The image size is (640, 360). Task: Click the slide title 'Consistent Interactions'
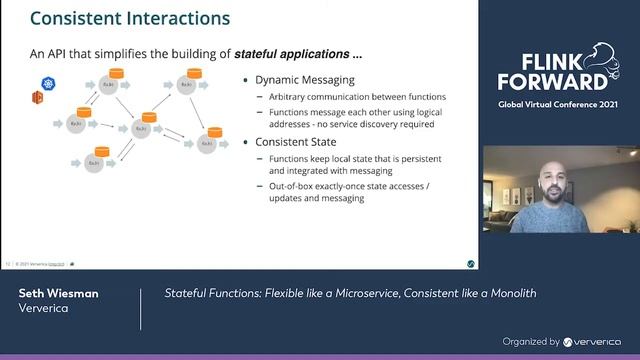130,18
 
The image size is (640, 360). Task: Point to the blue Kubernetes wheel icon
47,87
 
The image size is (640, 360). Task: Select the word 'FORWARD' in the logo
553,81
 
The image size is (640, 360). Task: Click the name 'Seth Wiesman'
58,293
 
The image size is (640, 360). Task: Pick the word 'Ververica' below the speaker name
46,309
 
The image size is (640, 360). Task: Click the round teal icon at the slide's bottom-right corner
471,264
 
